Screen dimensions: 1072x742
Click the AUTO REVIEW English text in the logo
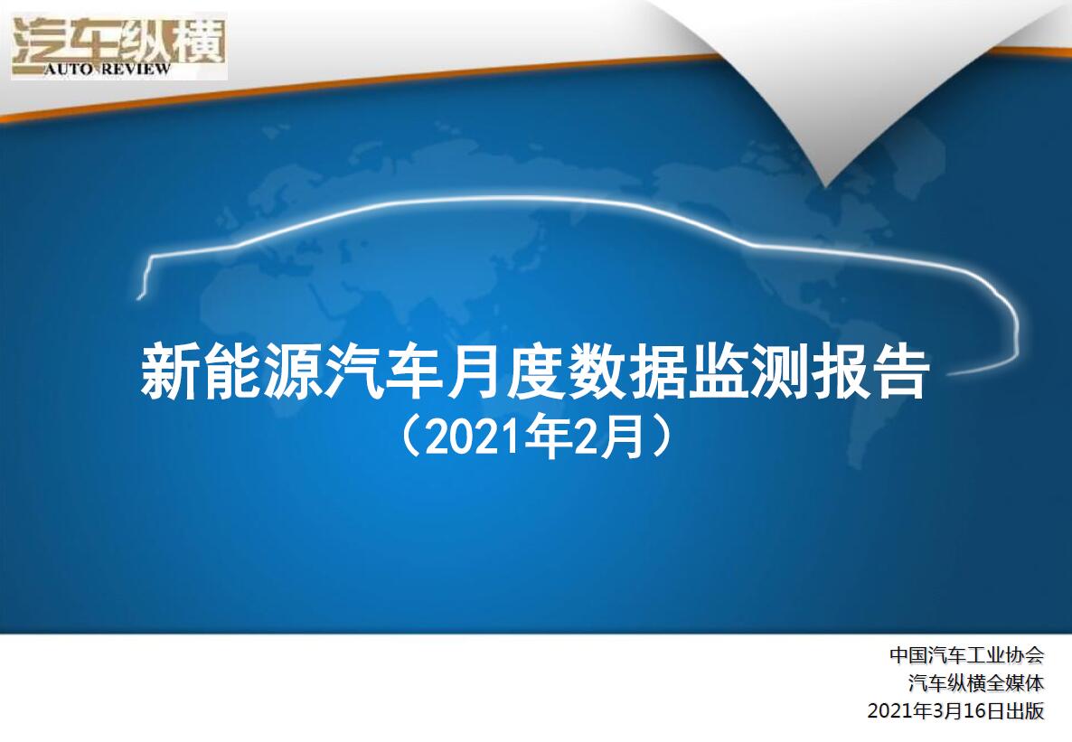108,69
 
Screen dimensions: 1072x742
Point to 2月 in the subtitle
607,437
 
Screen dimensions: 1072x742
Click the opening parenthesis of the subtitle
409,436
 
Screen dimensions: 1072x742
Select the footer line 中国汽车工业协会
967,654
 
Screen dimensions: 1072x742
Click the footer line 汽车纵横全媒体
976,682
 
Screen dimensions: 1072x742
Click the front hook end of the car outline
140,296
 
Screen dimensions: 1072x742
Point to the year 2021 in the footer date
890,710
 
